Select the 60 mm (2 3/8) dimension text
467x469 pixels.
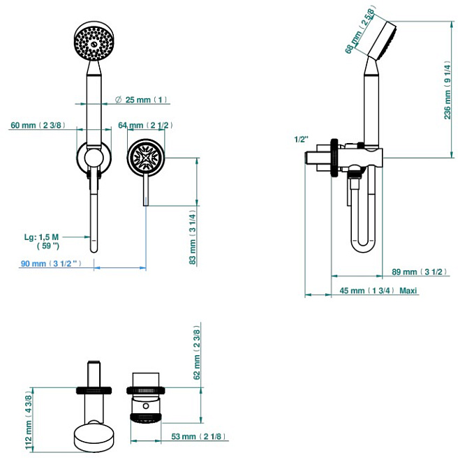[38, 125]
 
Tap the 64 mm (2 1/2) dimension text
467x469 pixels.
[145, 125]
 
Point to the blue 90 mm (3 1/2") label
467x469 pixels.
[51, 264]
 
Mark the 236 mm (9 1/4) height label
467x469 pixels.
[447, 92]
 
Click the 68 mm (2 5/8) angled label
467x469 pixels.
[359, 31]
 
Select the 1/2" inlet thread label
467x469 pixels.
[302, 140]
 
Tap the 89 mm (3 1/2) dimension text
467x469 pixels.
[420, 271]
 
